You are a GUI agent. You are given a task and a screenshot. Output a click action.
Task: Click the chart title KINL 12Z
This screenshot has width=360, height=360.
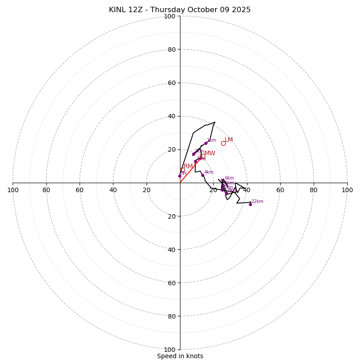coord(180,10)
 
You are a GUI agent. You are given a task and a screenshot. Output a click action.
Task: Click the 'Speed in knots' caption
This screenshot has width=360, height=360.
coord(180,356)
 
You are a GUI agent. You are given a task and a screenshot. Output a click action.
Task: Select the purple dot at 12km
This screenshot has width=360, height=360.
coord(250,204)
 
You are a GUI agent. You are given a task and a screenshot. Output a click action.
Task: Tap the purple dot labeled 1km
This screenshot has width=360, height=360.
coord(206,144)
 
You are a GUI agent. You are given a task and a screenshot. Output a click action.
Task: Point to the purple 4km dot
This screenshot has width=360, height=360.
coord(202,175)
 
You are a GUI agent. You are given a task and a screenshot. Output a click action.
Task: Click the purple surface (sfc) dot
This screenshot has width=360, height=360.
coord(180,176)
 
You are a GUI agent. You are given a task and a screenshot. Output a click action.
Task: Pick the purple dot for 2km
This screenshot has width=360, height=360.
coord(193,154)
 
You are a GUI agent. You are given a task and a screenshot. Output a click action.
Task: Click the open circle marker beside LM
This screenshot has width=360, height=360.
coord(223,143)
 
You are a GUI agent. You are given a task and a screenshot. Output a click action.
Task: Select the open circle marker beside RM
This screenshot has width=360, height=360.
coord(182,170)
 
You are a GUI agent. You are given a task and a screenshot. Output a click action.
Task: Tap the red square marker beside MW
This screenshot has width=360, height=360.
coord(202,156)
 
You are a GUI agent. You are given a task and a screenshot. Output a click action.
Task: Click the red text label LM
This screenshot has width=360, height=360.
coord(229,140)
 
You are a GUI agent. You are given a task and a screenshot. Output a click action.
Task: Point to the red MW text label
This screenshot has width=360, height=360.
coord(210,153)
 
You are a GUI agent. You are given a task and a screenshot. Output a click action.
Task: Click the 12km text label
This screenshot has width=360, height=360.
coord(257,202)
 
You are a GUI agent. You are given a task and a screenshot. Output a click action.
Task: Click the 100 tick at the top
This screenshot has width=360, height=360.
coord(170,16)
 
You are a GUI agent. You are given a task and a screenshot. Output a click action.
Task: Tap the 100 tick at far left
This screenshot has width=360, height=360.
coord(13,190)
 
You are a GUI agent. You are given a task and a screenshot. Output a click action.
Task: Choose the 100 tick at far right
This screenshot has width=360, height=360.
coord(347,190)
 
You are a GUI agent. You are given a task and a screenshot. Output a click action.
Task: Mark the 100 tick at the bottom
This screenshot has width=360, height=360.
coord(170,350)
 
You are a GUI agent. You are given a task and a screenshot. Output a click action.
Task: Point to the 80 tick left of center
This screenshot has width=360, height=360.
coord(46,190)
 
